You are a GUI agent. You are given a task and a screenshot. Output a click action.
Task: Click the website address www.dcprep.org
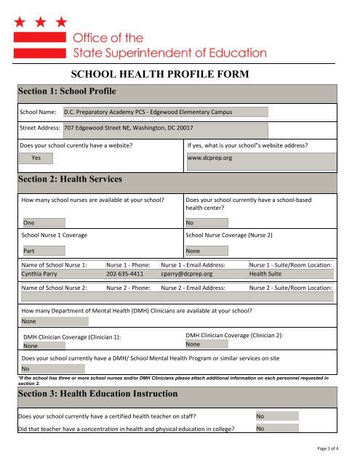(x=209, y=158)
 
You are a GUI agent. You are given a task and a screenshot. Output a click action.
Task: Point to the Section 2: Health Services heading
(x=69, y=179)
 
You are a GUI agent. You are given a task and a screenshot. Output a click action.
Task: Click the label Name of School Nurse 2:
(x=55, y=288)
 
